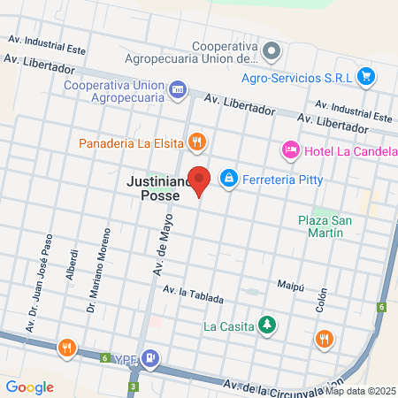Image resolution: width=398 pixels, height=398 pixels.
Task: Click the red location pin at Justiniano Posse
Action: pyautogui.click(x=200, y=180)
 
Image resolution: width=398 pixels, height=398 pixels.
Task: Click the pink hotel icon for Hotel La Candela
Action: pyautogui.click(x=290, y=151)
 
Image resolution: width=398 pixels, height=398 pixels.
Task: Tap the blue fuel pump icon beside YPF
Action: pyautogui.click(x=151, y=358)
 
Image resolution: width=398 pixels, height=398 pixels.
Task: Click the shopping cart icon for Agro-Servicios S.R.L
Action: pyautogui.click(x=365, y=76)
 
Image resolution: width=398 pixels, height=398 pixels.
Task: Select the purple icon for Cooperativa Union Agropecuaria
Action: pyautogui.click(x=178, y=88)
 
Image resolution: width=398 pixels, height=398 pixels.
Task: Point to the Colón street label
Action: pyautogui.click(x=321, y=297)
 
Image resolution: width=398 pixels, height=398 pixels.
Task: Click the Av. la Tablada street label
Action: pyautogui.click(x=199, y=294)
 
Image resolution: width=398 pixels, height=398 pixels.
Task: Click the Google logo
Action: pyautogui.click(x=29, y=387)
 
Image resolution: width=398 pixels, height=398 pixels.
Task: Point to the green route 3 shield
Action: pyautogui.click(x=134, y=387)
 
